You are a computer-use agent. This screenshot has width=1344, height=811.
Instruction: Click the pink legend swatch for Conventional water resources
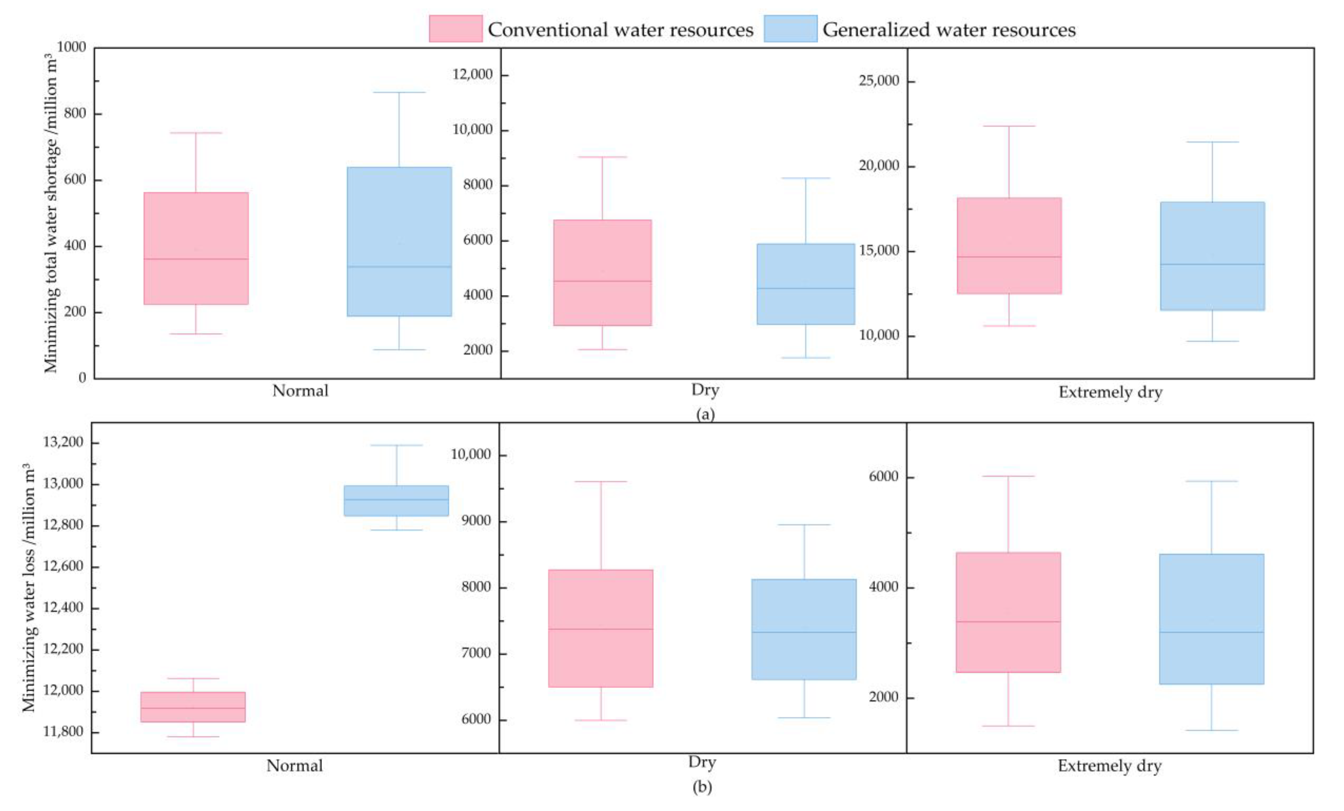(x=455, y=28)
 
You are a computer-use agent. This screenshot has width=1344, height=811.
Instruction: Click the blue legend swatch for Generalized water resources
(x=790, y=28)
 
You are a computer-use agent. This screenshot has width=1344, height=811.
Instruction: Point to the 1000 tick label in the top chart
(x=72, y=47)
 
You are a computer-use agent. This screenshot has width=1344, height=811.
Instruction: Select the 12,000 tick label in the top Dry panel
(x=472, y=74)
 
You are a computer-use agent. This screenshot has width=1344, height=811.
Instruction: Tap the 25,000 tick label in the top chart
(x=879, y=81)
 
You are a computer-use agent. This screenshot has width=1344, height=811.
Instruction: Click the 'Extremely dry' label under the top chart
(x=1111, y=392)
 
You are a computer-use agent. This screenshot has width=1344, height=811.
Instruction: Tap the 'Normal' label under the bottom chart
(x=295, y=766)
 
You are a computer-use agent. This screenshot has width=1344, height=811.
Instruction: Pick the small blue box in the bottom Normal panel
(x=396, y=501)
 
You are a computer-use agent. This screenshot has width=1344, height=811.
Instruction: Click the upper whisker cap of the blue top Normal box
(x=399, y=92)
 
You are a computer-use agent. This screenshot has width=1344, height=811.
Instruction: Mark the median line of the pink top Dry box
(x=603, y=281)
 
